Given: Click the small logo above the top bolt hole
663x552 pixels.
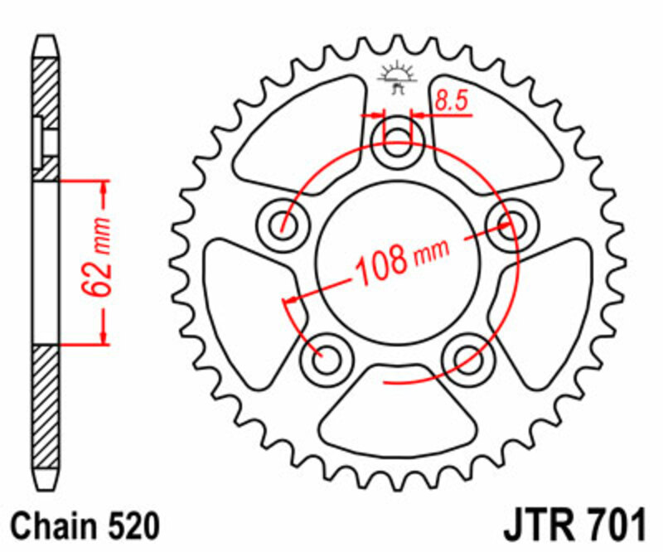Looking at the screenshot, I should pyautogui.click(x=397, y=76).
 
